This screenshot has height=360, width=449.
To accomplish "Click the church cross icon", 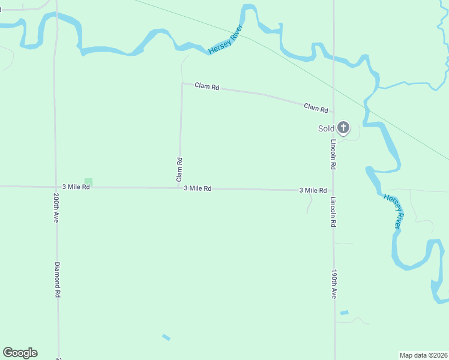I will pyautogui.click(x=343, y=127).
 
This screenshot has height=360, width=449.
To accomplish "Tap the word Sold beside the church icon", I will pyautogui.click(x=326, y=128).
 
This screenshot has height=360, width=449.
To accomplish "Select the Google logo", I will pyautogui.click(x=20, y=353).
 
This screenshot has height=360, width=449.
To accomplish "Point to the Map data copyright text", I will pyautogui.click(x=423, y=355).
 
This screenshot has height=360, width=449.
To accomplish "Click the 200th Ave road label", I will pyautogui.click(x=56, y=208).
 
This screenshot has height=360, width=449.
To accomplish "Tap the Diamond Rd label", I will pyautogui.click(x=58, y=280).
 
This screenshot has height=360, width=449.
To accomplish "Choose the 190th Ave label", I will pyautogui.click(x=333, y=284).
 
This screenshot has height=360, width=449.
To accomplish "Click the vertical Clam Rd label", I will pyautogui.click(x=179, y=170).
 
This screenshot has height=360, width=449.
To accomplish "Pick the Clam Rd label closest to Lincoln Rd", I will pyautogui.click(x=316, y=108).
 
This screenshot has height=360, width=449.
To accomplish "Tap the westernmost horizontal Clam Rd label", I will pyautogui.click(x=207, y=86).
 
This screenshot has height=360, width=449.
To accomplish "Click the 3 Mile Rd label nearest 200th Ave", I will pyautogui.click(x=76, y=187).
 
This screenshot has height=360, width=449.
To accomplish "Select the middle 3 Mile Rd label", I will pyautogui.click(x=197, y=188).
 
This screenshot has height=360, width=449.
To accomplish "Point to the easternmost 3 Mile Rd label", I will pyautogui.click(x=313, y=190).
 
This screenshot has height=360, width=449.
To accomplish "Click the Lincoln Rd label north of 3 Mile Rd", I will pyautogui.click(x=333, y=154).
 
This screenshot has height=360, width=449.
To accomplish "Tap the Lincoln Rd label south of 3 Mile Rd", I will pyautogui.click(x=333, y=213).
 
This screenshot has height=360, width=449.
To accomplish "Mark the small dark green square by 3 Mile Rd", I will pyautogui.click(x=88, y=181).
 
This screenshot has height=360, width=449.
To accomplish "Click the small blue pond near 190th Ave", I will pyautogui.click(x=344, y=313).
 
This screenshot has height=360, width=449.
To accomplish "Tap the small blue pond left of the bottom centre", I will pyautogui.click(x=166, y=337).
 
